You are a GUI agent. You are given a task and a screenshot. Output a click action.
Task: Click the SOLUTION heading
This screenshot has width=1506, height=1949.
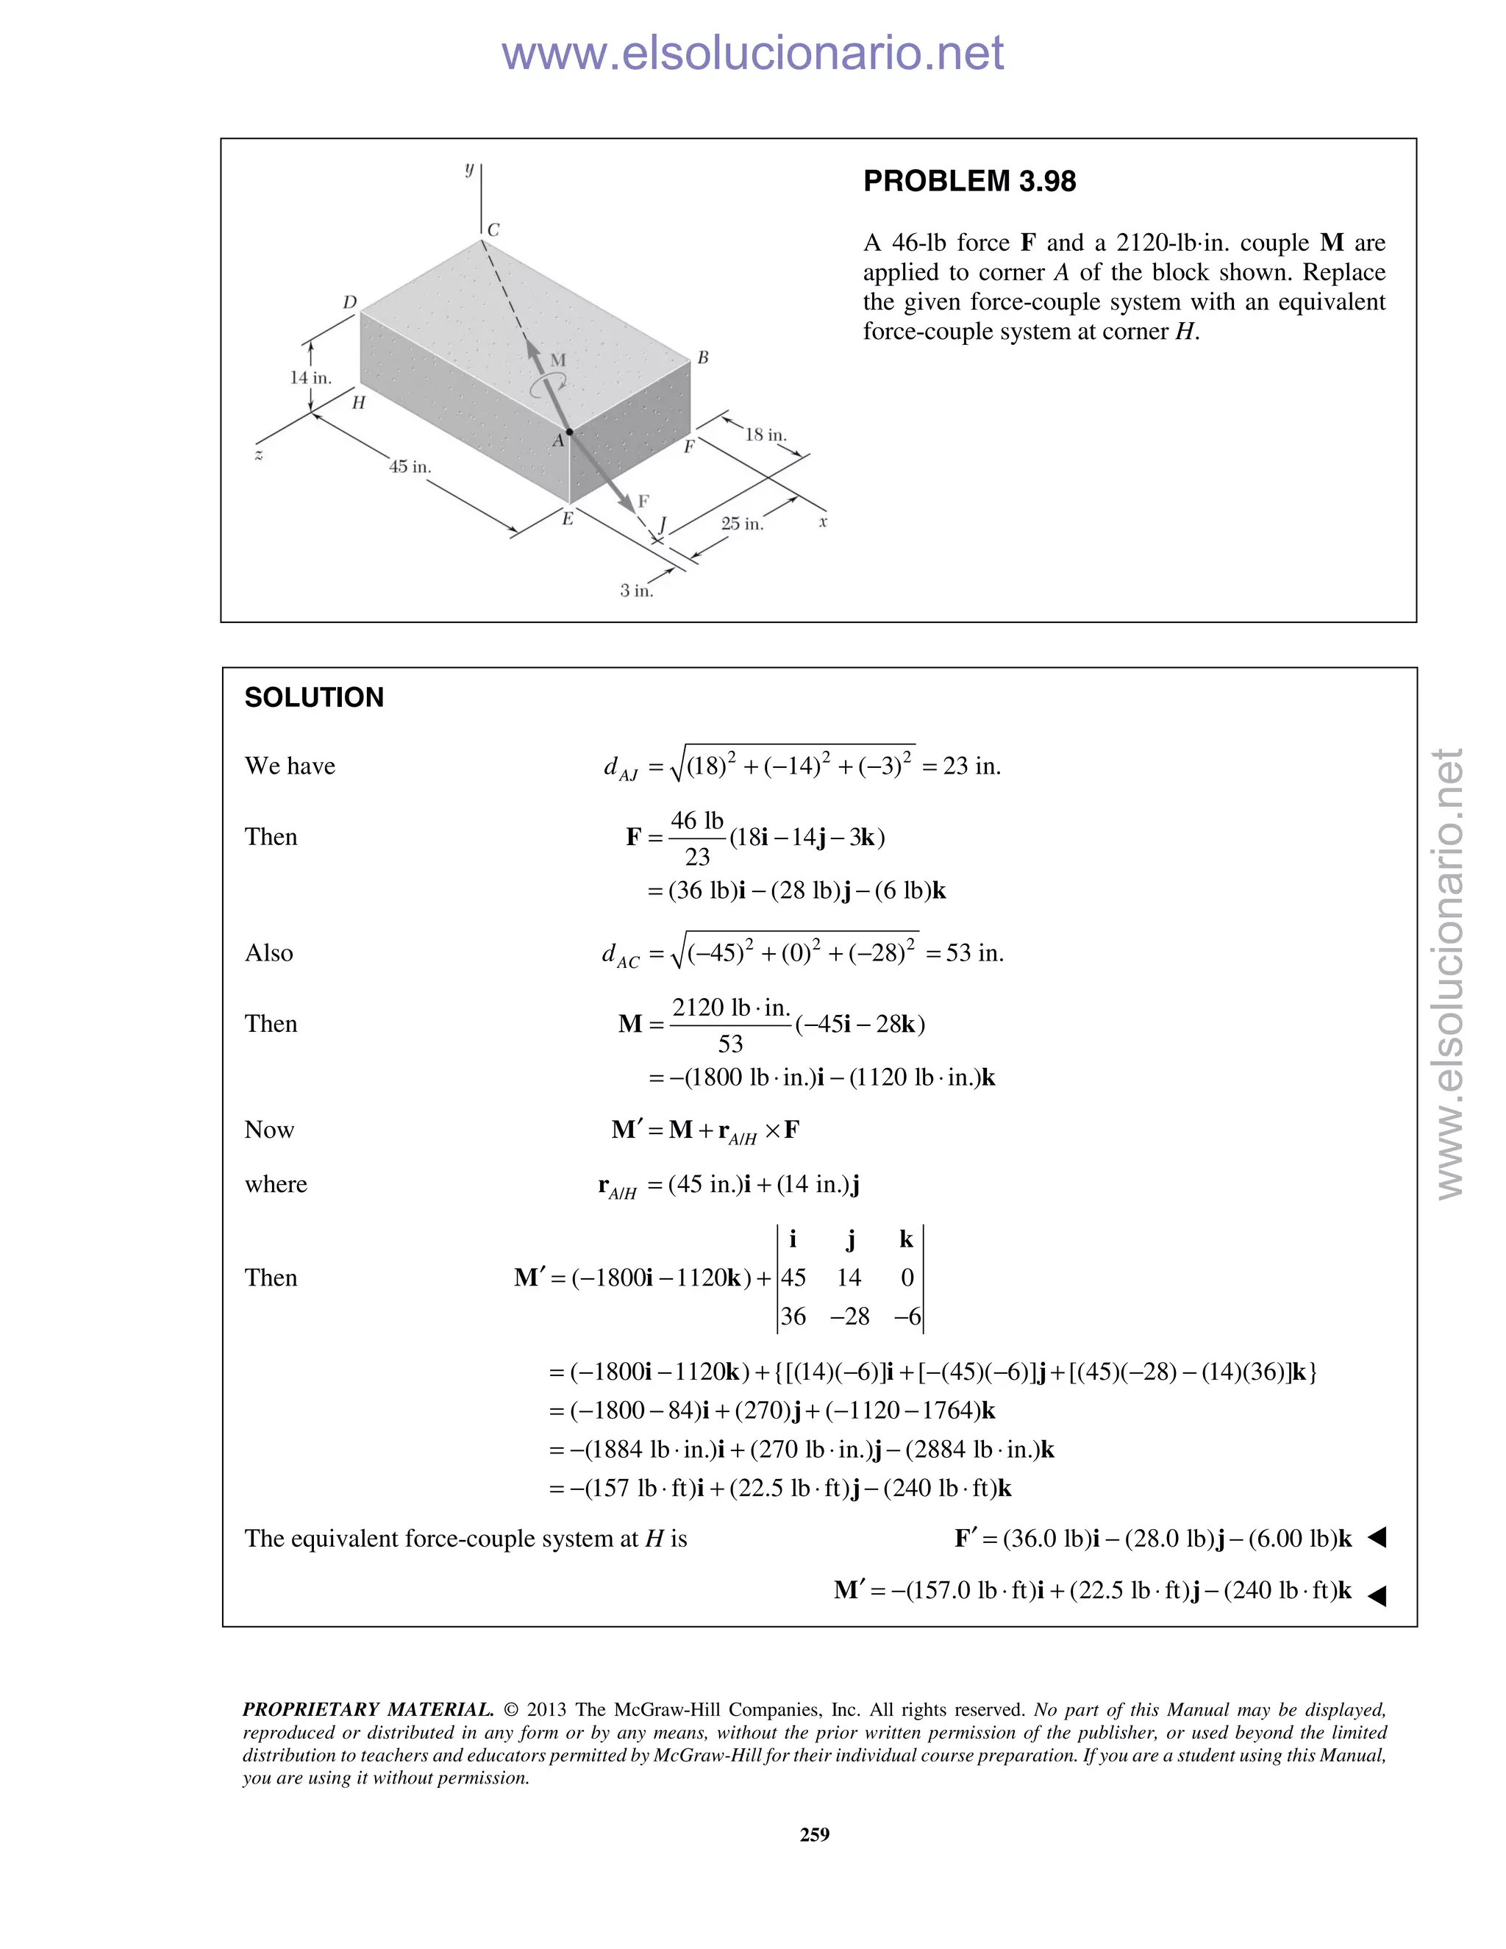point(314,697)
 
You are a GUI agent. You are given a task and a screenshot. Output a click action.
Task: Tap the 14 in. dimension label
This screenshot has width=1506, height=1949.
point(310,377)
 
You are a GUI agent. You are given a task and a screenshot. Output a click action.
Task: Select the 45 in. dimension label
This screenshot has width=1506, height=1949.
point(410,467)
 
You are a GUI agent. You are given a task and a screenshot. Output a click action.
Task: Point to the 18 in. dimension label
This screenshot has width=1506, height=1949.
point(766,435)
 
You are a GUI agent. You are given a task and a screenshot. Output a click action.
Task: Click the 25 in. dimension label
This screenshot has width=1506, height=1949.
point(742,524)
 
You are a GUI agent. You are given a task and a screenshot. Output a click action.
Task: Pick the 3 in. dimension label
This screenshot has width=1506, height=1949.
point(636,591)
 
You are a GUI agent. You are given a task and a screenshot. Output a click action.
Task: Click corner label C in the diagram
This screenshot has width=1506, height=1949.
point(493,230)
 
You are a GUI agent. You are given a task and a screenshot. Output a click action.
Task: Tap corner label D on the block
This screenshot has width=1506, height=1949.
point(350,302)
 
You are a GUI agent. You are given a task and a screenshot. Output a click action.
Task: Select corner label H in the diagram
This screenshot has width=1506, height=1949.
point(359,403)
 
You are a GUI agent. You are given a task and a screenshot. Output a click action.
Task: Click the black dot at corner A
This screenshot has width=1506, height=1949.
point(569,432)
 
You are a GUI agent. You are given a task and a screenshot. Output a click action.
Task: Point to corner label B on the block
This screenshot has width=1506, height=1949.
point(703,358)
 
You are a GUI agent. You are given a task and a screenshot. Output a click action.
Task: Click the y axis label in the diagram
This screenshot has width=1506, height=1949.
point(469,168)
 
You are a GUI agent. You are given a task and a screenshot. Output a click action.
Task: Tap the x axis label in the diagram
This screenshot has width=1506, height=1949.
point(823,522)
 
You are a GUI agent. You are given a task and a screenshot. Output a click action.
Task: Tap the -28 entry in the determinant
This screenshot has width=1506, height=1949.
point(849,1316)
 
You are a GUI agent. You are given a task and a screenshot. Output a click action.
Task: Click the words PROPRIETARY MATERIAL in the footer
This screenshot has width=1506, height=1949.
point(368,1709)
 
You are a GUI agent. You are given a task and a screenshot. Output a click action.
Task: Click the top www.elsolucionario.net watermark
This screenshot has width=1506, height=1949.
point(752,53)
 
